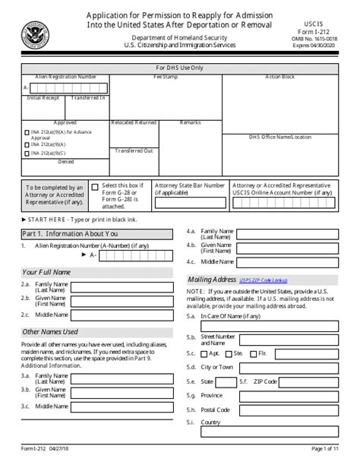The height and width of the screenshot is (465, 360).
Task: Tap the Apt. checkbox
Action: click(x=204, y=354)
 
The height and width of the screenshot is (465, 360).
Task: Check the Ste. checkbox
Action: click(x=229, y=354)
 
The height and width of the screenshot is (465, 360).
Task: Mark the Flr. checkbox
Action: click(x=254, y=354)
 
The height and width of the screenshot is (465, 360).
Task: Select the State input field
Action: click(x=226, y=381)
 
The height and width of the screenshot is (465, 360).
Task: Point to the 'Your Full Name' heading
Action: click(x=46, y=272)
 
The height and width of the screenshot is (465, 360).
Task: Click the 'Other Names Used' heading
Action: click(x=50, y=331)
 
